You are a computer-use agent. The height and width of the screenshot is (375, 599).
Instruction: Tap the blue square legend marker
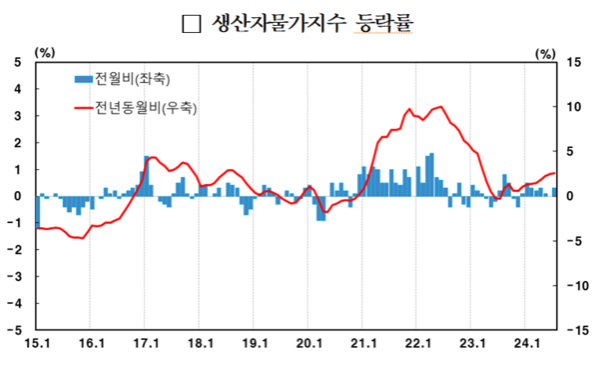[x=82, y=78]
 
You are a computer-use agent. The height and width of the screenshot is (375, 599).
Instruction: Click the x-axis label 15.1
[x=36, y=343]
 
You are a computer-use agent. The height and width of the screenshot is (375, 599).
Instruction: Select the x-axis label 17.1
[x=146, y=343]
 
